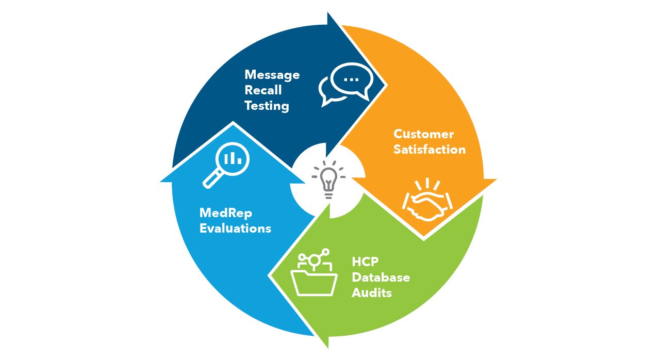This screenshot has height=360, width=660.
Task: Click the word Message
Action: pyautogui.click(x=272, y=75)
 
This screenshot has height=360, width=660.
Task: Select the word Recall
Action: pyautogui.click(x=263, y=90)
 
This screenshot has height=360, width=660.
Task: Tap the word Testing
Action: pyautogui.click(x=267, y=106)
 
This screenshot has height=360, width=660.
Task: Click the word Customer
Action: pyautogui.click(x=423, y=134)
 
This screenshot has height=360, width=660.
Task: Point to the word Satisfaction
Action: pyautogui.click(x=430, y=150)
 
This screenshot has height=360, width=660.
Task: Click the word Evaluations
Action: pyautogui.click(x=235, y=228)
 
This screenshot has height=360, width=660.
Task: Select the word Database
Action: pyautogui.click(x=381, y=277)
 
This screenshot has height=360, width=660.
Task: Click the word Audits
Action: pyautogui.click(x=372, y=293)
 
